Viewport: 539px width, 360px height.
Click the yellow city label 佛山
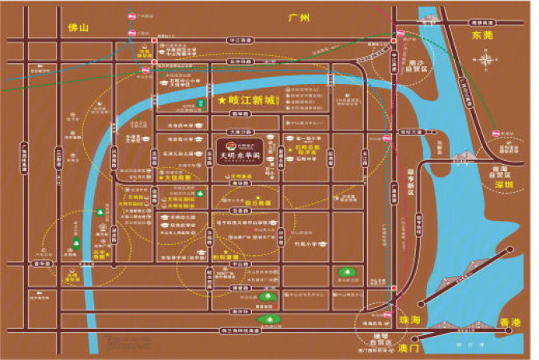coord(77,28)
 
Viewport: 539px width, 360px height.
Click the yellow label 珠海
coord(411,318)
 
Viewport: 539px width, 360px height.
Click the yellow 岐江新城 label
coord(250,102)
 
